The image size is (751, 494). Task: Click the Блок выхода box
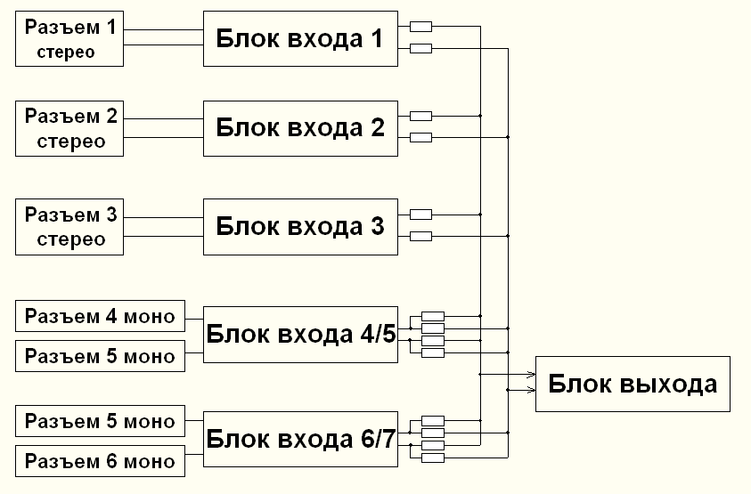coord(633,385)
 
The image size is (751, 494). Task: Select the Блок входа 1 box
coord(299,38)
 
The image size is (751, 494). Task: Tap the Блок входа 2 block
coord(299,127)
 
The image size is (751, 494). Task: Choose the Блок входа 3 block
coord(299,225)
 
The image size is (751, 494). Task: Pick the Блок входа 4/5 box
coord(299,335)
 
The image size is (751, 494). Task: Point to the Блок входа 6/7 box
coord(299,440)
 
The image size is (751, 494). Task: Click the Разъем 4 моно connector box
coord(100,316)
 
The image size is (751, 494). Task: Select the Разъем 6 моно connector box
coord(100,461)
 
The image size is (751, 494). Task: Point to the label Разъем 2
coord(69,116)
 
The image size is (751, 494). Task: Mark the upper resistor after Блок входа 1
coord(420,26)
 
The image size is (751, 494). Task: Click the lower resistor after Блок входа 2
coord(420,137)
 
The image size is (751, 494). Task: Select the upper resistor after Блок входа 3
coord(420,215)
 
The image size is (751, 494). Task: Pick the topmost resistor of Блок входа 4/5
coord(433,316)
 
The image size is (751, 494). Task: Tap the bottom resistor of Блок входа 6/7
coord(433,458)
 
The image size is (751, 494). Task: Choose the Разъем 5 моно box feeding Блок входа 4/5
coord(100,357)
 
